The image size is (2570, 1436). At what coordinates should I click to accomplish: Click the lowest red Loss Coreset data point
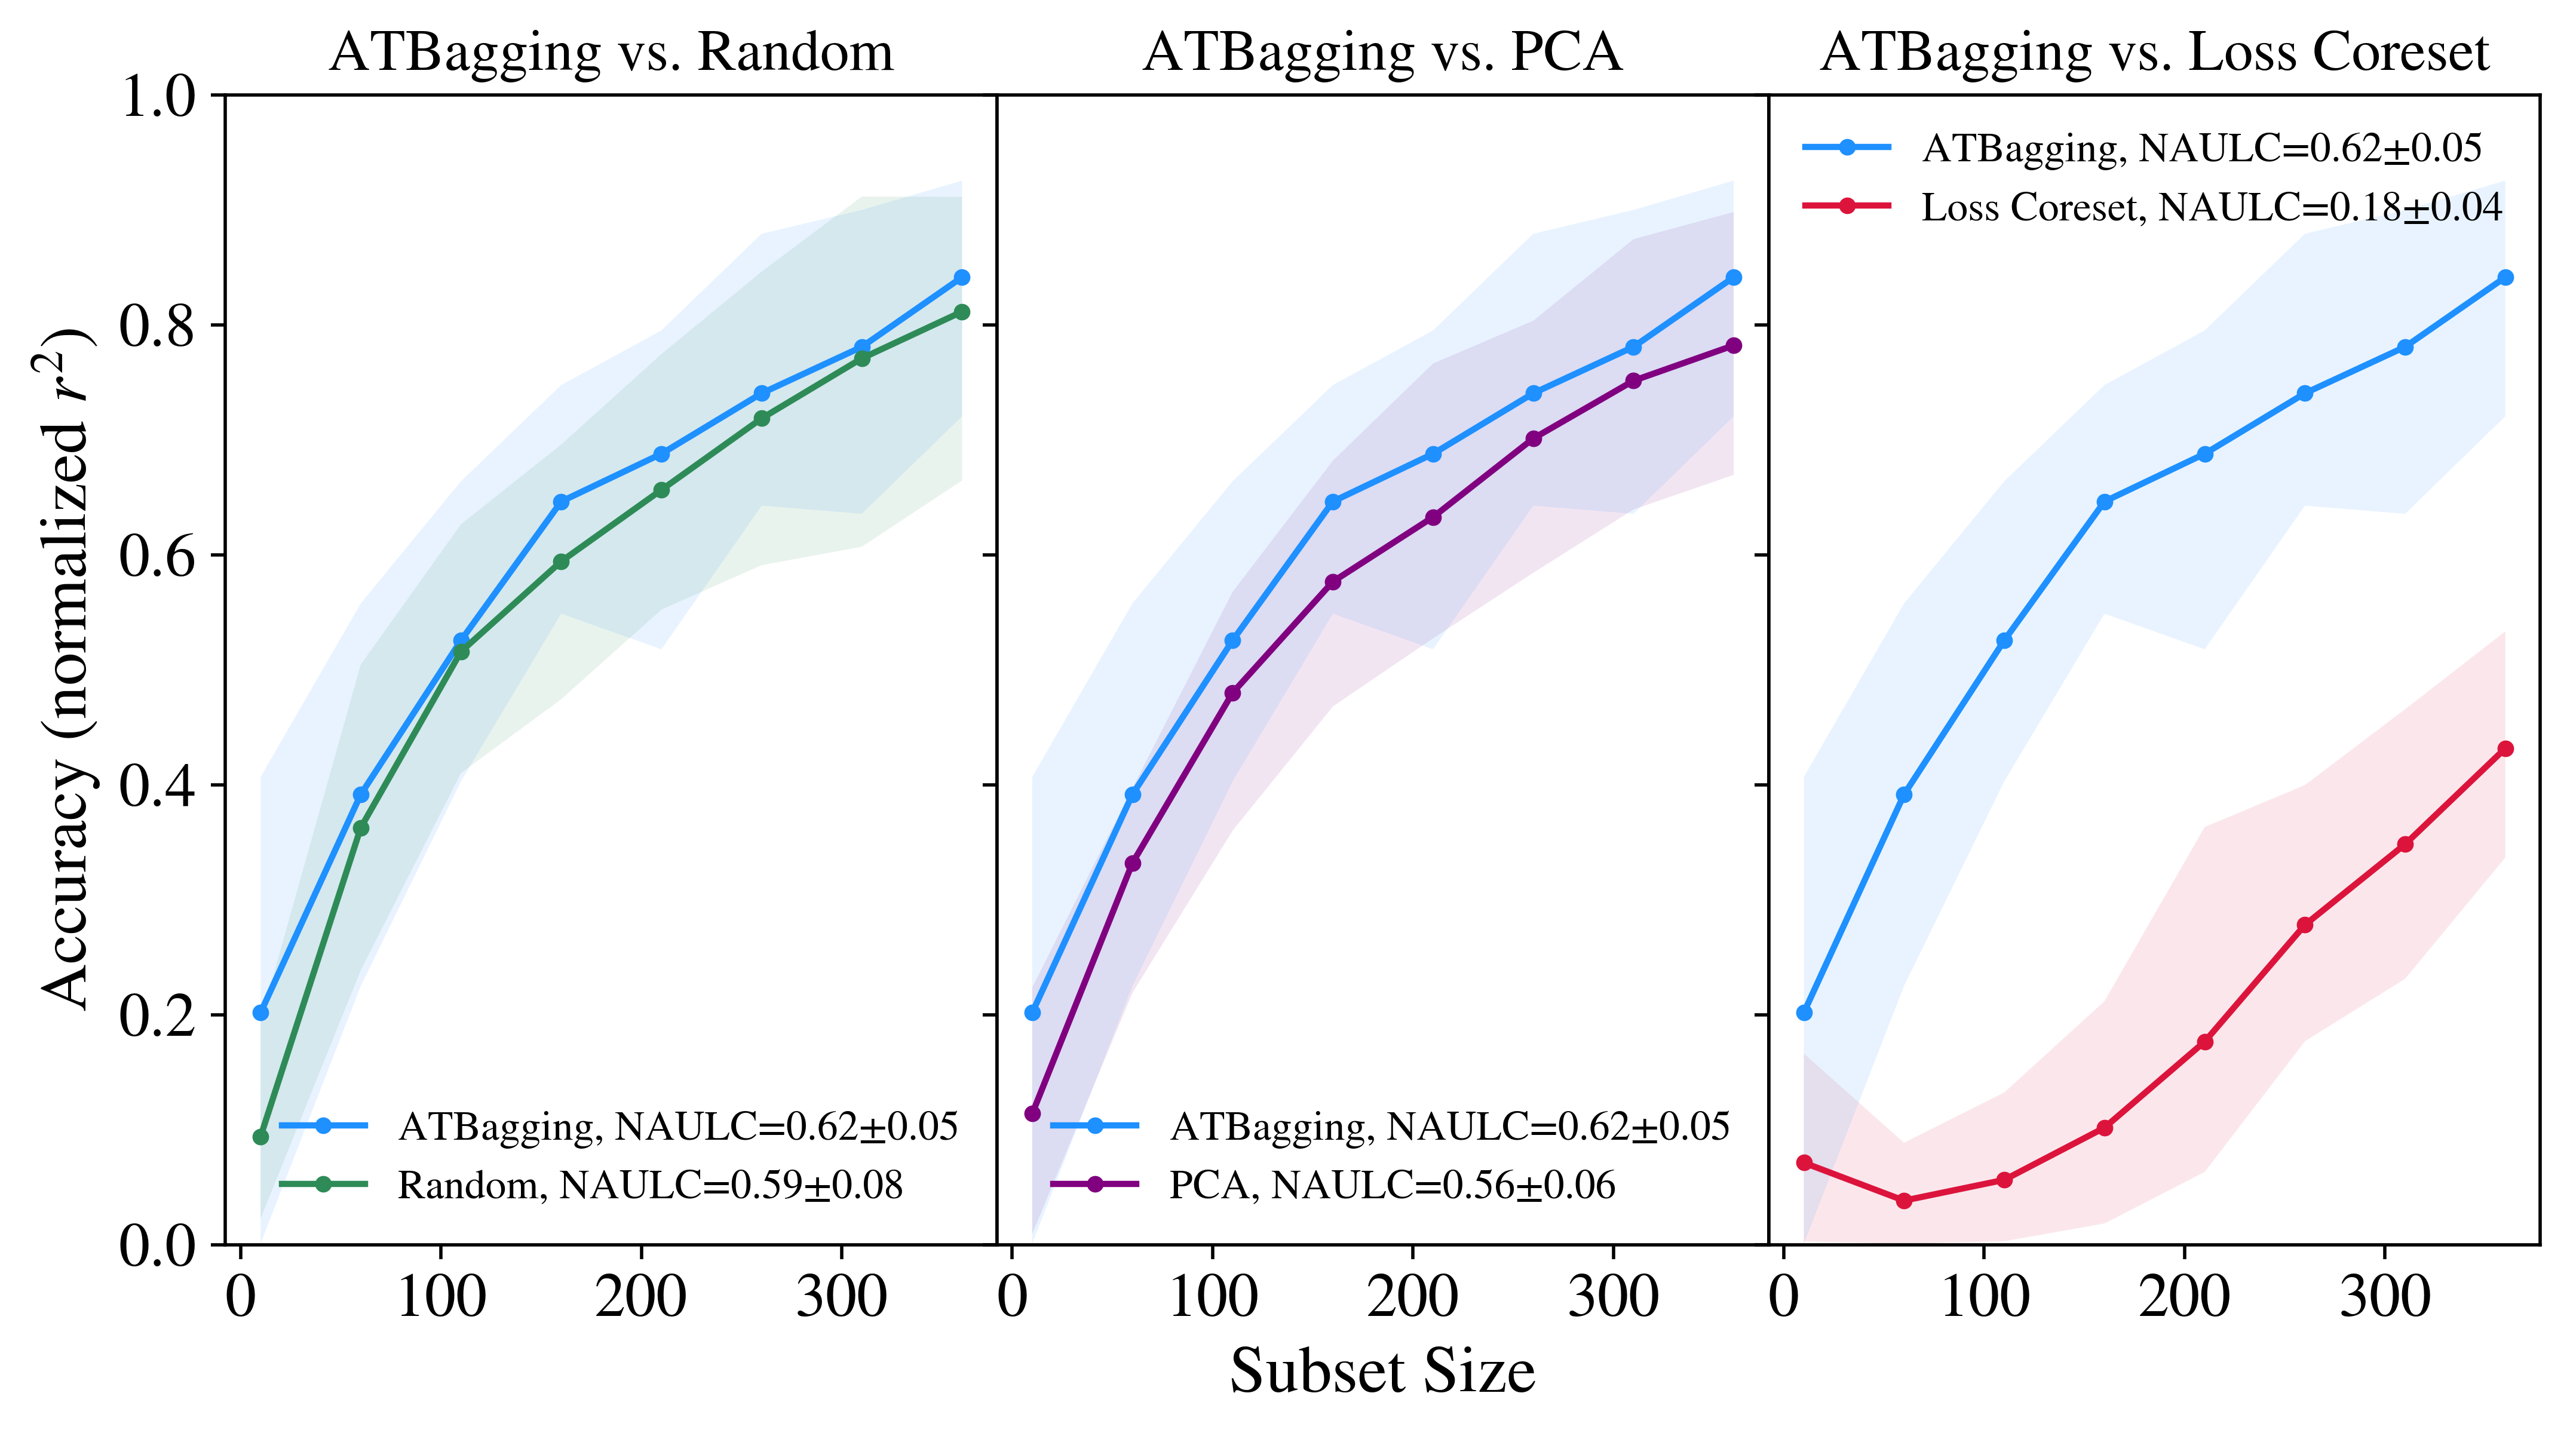pyautogui.click(x=1903, y=1201)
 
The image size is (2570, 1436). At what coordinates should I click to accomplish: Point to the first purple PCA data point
pyautogui.click(x=1032, y=1113)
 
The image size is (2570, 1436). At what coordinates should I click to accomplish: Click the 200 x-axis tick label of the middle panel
pyautogui.click(x=1413, y=1297)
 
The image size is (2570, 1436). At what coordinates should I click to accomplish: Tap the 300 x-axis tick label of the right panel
pyautogui.click(x=2384, y=1297)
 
